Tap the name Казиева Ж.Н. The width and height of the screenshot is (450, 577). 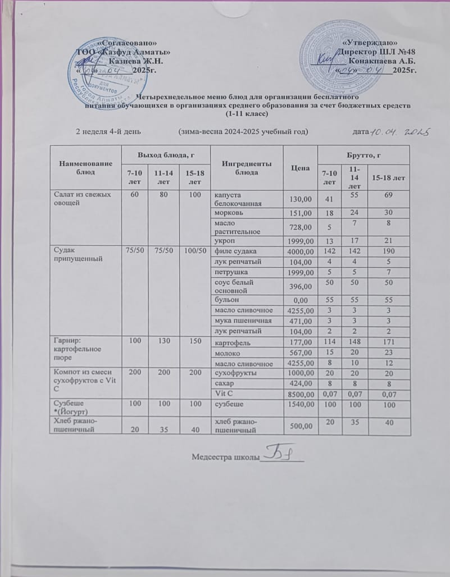135,61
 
